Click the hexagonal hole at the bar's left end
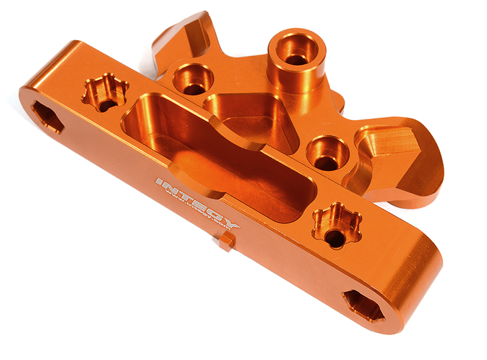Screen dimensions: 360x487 [x=47, y=116]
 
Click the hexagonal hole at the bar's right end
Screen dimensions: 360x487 [x=363, y=305]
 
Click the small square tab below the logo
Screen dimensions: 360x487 [x=223, y=243]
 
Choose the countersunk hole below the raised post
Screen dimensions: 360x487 [x=328, y=153]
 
